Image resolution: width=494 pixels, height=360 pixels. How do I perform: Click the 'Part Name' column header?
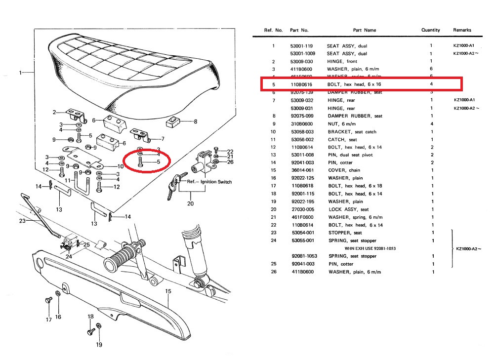[364, 30]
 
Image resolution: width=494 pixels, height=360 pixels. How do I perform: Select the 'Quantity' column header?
[430, 30]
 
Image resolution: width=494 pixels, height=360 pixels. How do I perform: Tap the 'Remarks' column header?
[462, 30]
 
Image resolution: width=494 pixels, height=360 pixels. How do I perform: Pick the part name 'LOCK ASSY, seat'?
[348, 209]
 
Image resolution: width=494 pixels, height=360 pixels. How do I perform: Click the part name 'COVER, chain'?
[344, 170]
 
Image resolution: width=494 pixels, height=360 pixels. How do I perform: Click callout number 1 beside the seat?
[21, 73]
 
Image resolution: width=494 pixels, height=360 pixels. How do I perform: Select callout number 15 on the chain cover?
[168, 291]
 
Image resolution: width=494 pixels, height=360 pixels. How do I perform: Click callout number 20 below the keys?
[191, 203]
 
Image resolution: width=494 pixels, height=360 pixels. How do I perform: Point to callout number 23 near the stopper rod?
[22, 221]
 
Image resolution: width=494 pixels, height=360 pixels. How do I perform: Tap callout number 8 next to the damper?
[195, 121]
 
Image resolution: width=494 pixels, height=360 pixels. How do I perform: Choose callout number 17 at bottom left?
[49, 320]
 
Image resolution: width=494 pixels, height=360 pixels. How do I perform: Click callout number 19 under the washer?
[99, 344]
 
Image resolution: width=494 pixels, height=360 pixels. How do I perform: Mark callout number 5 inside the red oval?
[158, 161]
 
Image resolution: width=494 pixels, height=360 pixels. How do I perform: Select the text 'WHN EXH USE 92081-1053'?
[370, 248]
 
